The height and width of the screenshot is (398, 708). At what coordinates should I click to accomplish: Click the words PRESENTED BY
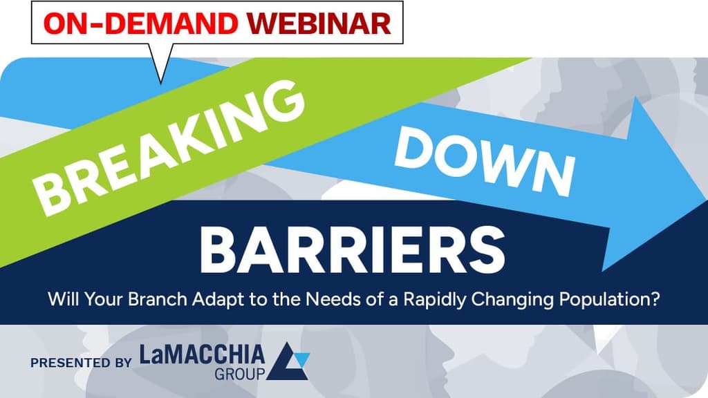pyautogui.click(x=80, y=362)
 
